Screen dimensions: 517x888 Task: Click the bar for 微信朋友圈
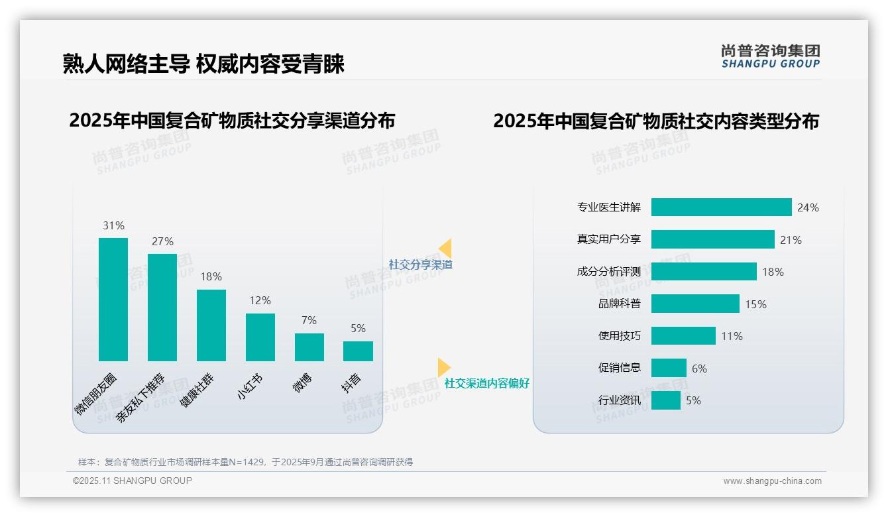pos(113,300)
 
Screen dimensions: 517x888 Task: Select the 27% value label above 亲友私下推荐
pos(162,241)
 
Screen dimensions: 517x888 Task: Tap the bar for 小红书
pos(260,337)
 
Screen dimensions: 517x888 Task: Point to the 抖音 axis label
pos(352,383)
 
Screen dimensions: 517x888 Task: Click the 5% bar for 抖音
pos(358,351)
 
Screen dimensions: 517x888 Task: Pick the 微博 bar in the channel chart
pos(309,347)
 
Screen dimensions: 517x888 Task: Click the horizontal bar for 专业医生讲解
pos(721,207)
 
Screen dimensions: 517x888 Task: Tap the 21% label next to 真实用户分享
pos(791,240)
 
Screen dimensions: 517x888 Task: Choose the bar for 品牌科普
pos(695,304)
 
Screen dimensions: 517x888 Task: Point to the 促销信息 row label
pos(619,368)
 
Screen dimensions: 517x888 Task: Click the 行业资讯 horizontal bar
pos(666,400)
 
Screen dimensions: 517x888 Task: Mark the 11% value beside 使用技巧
pos(732,336)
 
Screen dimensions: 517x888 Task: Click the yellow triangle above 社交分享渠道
pos(445,249)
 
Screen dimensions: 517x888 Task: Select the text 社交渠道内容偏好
pos(486,383)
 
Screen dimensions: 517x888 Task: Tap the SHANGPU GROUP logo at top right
pos(770,56)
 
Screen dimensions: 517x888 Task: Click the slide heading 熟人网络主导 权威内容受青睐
pos(203,64)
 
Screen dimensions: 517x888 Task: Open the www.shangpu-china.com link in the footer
pos(772,481)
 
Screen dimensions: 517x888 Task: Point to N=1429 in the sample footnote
pos(247,462)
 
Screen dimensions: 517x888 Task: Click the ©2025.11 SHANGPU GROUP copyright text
pos(133,481)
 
